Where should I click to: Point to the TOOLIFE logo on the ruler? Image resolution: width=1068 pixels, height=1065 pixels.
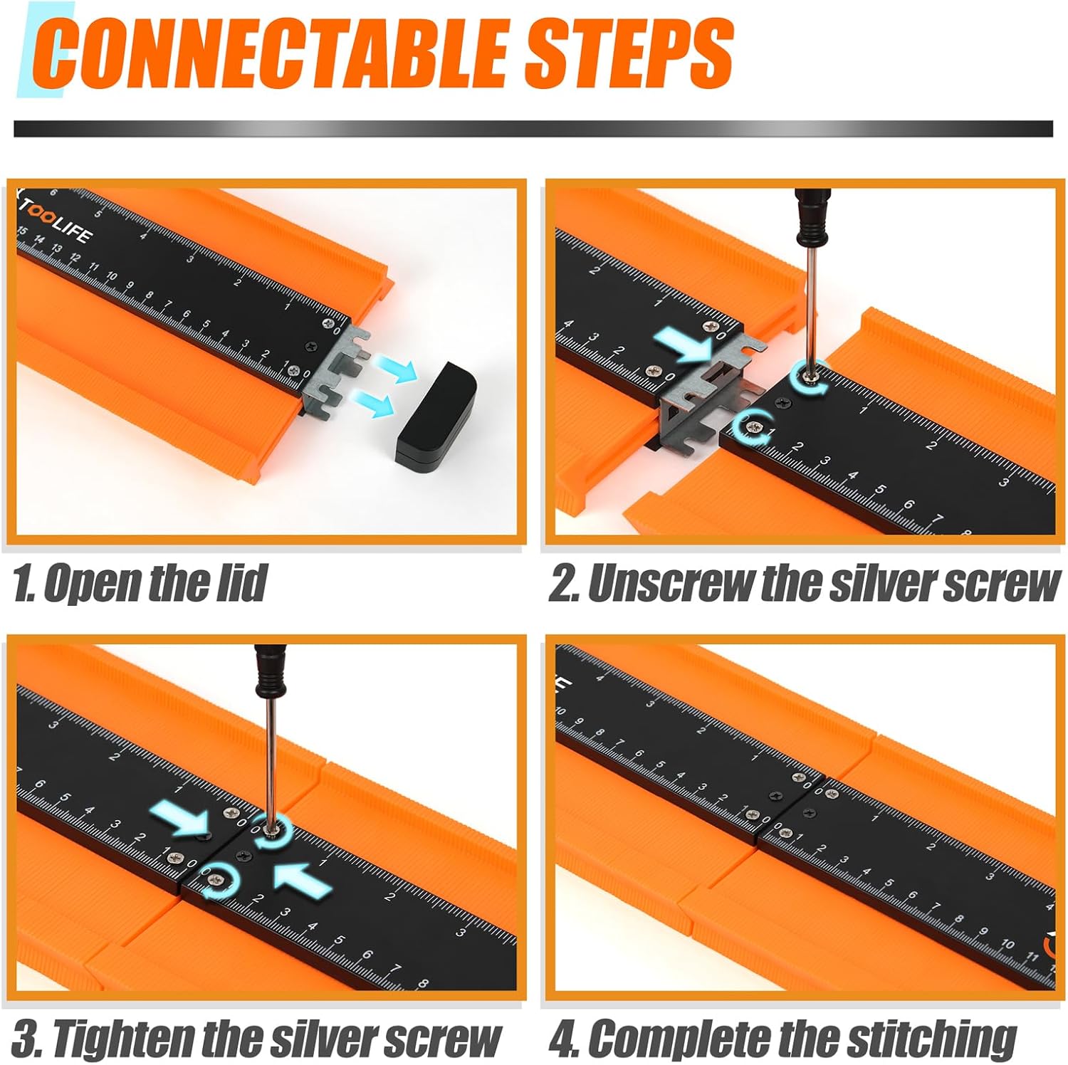(56, 220)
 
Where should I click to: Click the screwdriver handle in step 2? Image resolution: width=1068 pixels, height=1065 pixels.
(811, 213)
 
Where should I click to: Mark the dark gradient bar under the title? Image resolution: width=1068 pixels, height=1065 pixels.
(533, 129)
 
